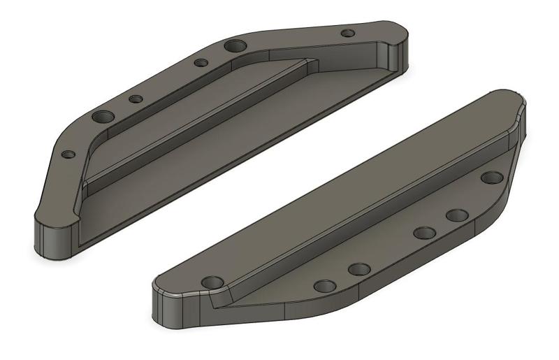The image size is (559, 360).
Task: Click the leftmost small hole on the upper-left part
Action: (68, 154)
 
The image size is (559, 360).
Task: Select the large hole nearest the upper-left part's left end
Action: (104, 117)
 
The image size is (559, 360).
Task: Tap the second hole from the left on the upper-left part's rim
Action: (136, 99)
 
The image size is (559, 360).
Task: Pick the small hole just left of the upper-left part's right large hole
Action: (201, 63)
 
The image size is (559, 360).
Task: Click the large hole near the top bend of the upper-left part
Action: (235, 46)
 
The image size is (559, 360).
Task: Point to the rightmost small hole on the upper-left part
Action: (347, 33)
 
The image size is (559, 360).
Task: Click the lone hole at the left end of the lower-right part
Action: (212, 282)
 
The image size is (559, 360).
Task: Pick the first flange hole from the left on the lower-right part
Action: (325, 285)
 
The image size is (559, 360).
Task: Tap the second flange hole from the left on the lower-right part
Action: (358, 269)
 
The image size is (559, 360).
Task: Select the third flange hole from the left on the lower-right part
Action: (424, 232)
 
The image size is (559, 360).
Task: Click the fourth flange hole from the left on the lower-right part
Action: (457, 215)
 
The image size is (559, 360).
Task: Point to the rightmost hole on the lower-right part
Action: (492, 178)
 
